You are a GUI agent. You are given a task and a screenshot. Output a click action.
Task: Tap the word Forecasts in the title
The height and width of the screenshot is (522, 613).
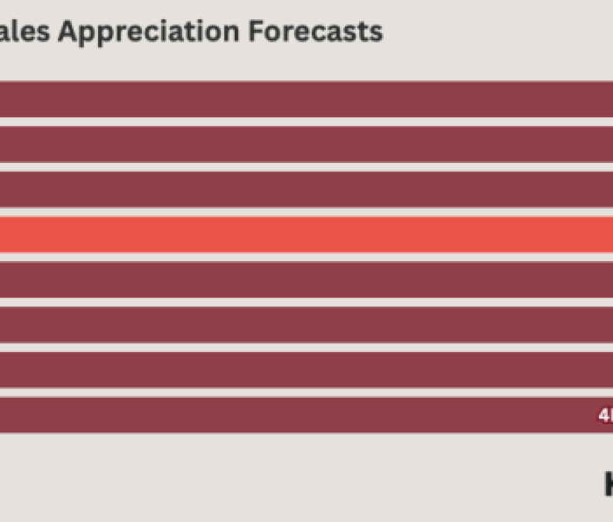316,31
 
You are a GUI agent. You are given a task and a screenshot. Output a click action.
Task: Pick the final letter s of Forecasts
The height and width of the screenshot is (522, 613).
376,32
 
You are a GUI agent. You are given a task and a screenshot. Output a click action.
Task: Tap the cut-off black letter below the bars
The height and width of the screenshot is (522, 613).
608,484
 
